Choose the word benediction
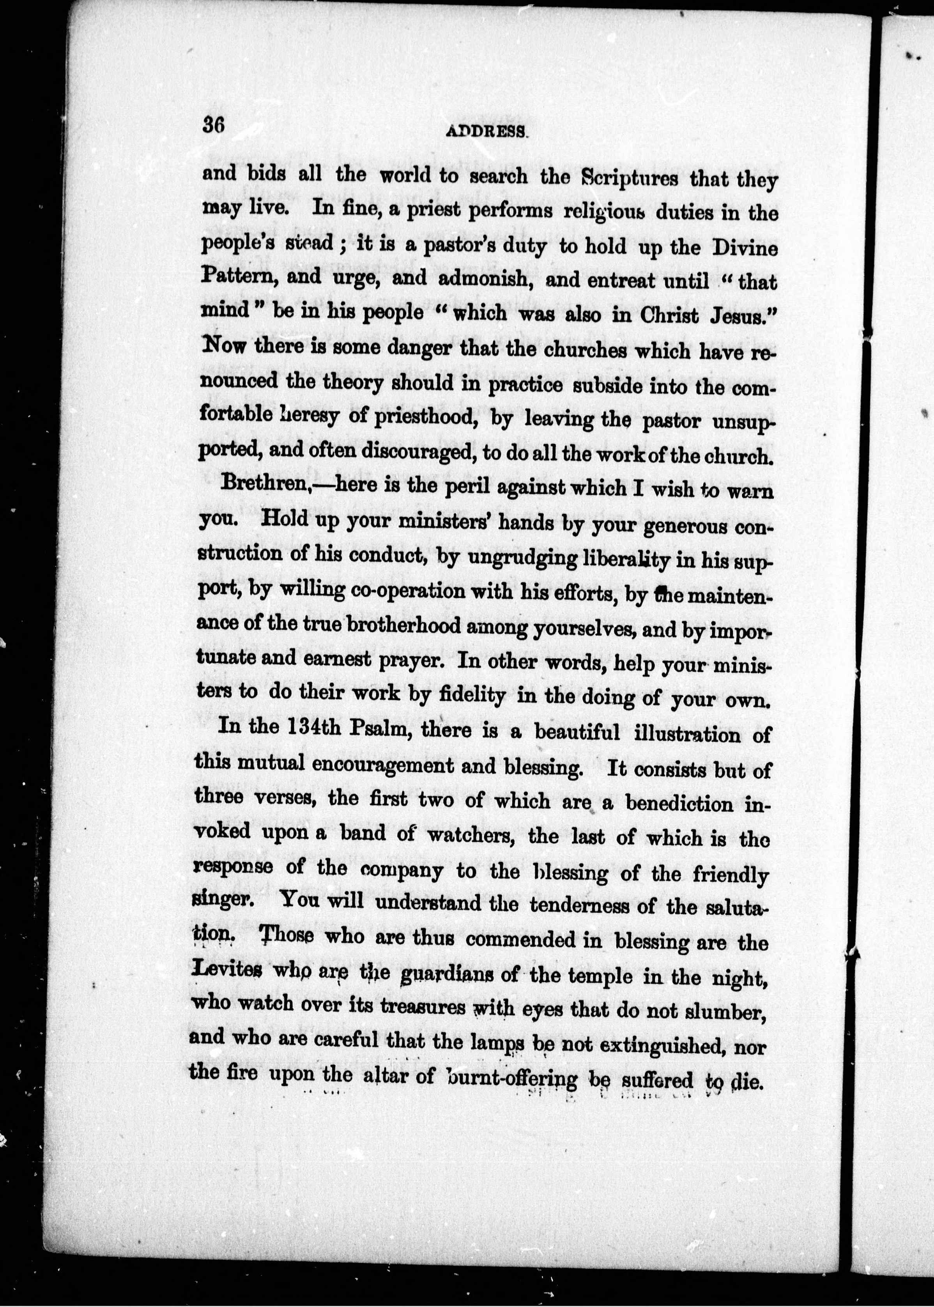679,802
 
